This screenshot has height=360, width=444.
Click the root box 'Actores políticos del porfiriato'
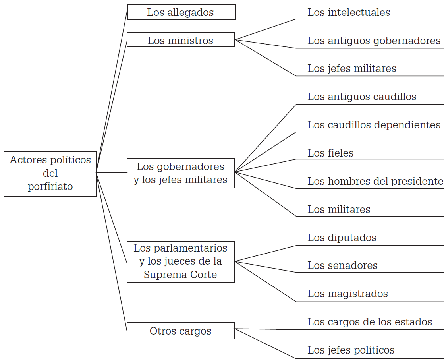[50, 174]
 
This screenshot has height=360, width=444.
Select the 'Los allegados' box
[181, 12]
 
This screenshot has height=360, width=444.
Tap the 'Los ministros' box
[181, 40]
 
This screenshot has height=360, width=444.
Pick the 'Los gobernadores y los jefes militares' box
[181, 173]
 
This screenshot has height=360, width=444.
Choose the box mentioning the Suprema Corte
[181, 261]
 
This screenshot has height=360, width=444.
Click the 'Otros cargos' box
[181, 331]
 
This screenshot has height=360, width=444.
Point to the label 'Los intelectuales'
[349, 13]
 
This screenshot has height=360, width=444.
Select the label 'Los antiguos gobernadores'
[374, 41]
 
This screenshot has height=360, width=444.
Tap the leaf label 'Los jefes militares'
[352, 68]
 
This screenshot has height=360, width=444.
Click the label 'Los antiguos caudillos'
[362, 97]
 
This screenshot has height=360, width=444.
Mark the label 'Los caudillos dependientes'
[374, 125]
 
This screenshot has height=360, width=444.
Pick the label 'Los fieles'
[330, 153]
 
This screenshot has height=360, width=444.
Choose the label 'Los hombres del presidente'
[375, 181]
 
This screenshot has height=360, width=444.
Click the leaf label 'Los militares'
[339, 209]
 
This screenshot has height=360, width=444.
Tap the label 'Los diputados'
[342, 238]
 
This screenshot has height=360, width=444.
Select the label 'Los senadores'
[342, 265]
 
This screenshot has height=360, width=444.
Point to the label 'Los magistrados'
[347, 294]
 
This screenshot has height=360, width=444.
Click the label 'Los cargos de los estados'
[370, 322]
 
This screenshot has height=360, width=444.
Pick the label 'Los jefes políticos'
[351, 350]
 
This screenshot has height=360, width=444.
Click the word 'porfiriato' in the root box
[50, 186]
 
